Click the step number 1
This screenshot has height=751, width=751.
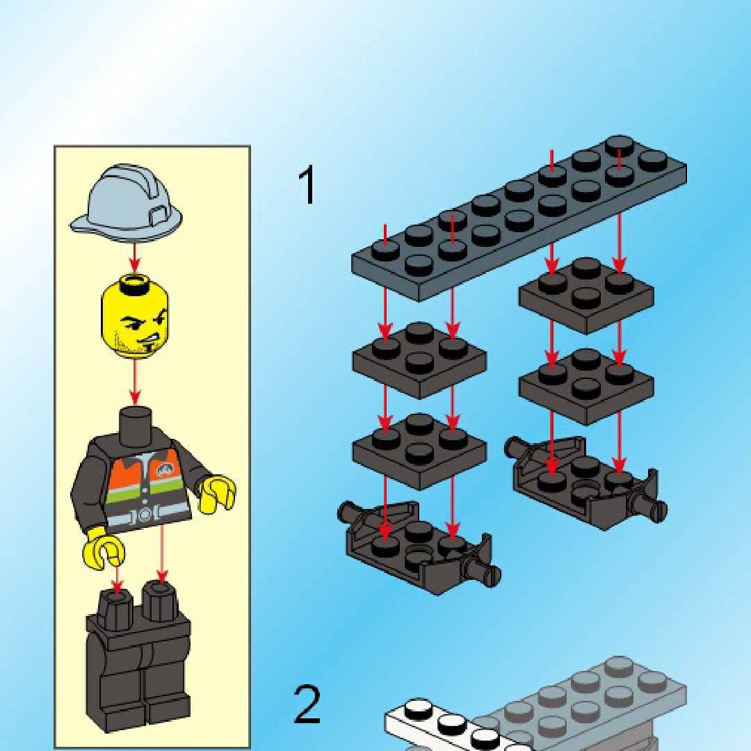307,185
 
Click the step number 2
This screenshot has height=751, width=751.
307,705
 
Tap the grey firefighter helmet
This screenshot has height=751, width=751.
127,203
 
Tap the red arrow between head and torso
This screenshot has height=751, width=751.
135,382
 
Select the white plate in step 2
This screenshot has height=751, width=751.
446,725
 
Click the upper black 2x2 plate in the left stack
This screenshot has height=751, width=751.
419,361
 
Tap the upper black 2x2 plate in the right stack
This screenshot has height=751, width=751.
586,296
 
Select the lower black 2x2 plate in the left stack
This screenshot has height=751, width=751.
419,452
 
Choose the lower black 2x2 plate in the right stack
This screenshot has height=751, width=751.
586,387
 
